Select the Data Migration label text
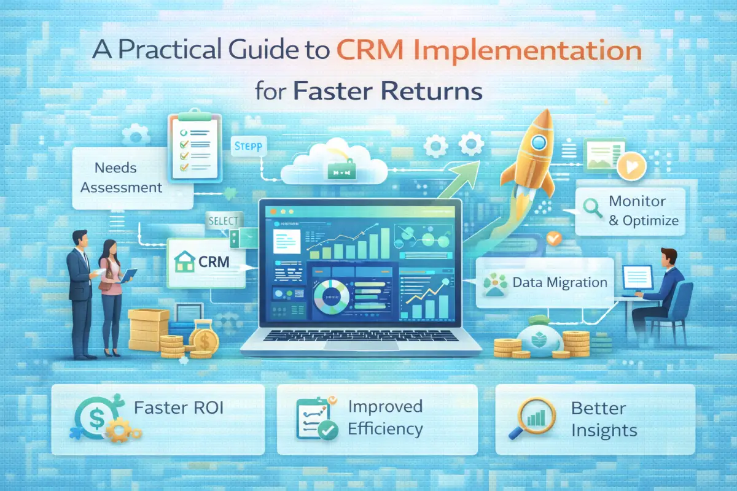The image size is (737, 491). pyautogui.click(x=560, y=283)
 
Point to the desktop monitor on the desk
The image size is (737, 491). pyautogui.click(x=638, y=278)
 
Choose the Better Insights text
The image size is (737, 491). pyautogui.click(x=604, y=419)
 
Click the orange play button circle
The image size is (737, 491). pyautogui.click(x=628, y=166)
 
